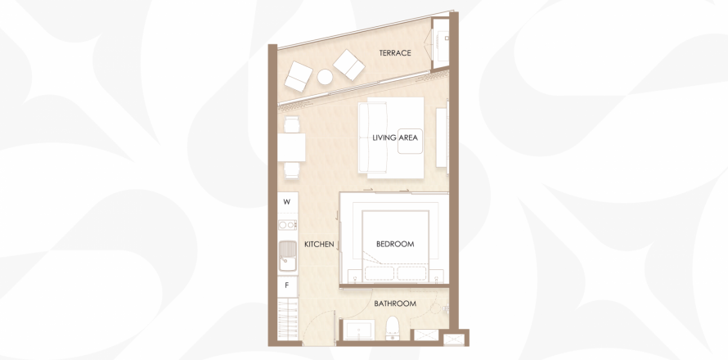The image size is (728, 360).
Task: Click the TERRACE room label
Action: (x=394, y=53)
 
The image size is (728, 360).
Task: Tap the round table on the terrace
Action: (x=325, y=77)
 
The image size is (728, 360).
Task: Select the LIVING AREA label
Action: (x=394, y=137)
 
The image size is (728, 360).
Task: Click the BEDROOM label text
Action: (x=395, y=244)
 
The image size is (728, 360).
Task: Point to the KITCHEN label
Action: (x=319, y=245)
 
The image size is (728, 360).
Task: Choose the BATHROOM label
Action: (x=395, y=304)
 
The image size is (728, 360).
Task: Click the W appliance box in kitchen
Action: (x=287, y=202)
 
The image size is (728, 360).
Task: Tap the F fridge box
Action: (x=287, y=286)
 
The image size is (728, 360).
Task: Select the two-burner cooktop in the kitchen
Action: (x=287, y=225)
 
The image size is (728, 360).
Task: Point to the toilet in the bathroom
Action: (x=393, y=328)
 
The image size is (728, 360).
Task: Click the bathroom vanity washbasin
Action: (x=358, y=331)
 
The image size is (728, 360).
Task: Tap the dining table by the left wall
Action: (x=291, y=147)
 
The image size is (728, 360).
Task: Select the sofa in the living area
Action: (x=372, y=137)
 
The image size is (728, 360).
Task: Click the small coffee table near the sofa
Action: (x=410, y=142)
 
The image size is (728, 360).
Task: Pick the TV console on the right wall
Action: (x=441, y=137)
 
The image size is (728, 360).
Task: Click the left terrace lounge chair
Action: (x=299, y=77)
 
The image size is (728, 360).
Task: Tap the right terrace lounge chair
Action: (x=348, y=65)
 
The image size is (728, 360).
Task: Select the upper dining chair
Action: (x=291, y=124)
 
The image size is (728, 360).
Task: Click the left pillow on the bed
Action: (x=380, y=273)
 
